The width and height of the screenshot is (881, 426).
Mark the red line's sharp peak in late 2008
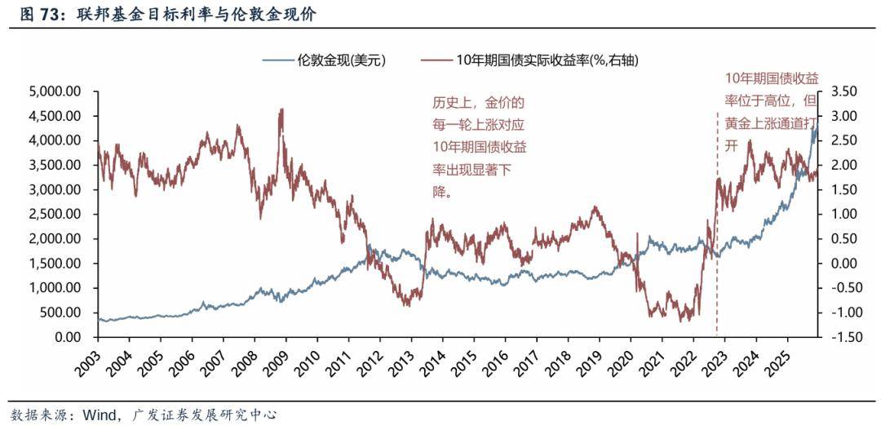(x=281, y=109)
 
